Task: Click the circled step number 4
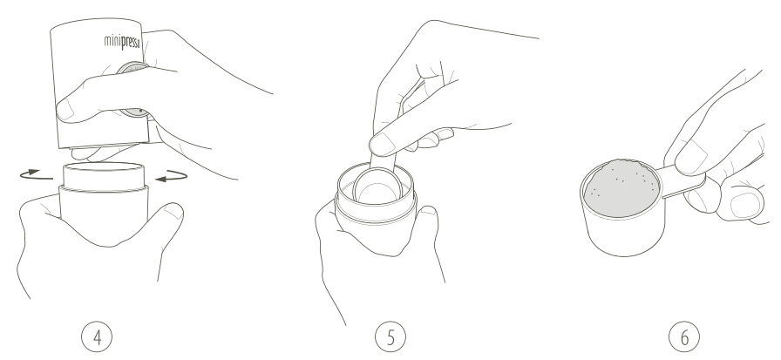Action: (x=97, y=337)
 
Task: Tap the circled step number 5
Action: (x=390, y=337)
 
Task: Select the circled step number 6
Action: (x=684, y=337)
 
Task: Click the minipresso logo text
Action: (x=122, y=43)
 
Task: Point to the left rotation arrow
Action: (x=36, y=175)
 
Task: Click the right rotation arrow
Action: (x=172, y=176)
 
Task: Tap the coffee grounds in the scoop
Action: (x=621, y=187)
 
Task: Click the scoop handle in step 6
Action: (x=683, y=181)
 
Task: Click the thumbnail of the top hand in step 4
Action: (x=65, y=110)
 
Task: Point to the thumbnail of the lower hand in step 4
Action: (x=173, y=212)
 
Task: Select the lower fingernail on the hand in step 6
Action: (x=745, y=204)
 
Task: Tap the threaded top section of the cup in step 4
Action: (x=104, y=175)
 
